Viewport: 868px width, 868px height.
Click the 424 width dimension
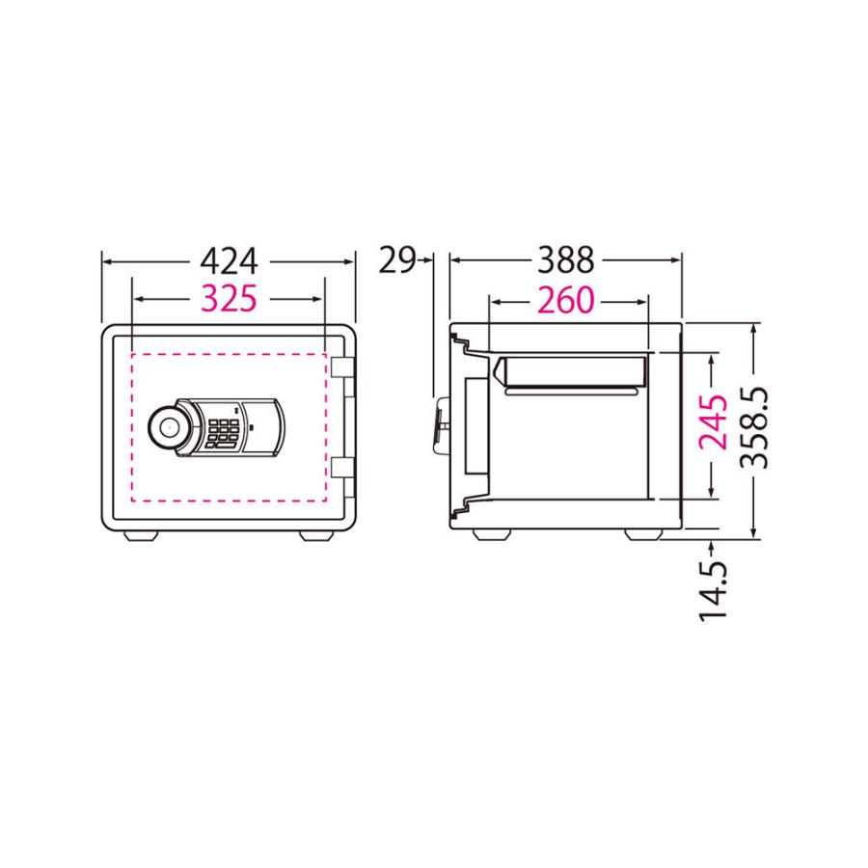[229, 261]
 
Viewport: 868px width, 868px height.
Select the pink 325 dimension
[229, 299]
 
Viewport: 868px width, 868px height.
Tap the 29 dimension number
[397, 260]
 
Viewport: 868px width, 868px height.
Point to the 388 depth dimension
[566, 260]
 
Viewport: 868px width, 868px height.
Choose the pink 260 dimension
[566, 301]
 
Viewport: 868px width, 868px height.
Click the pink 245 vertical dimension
[713, 421]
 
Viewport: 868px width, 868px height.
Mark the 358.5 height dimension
[754, 428]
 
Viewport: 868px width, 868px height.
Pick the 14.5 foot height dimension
[713, 592]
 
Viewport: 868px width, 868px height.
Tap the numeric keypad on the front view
[224, 433]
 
